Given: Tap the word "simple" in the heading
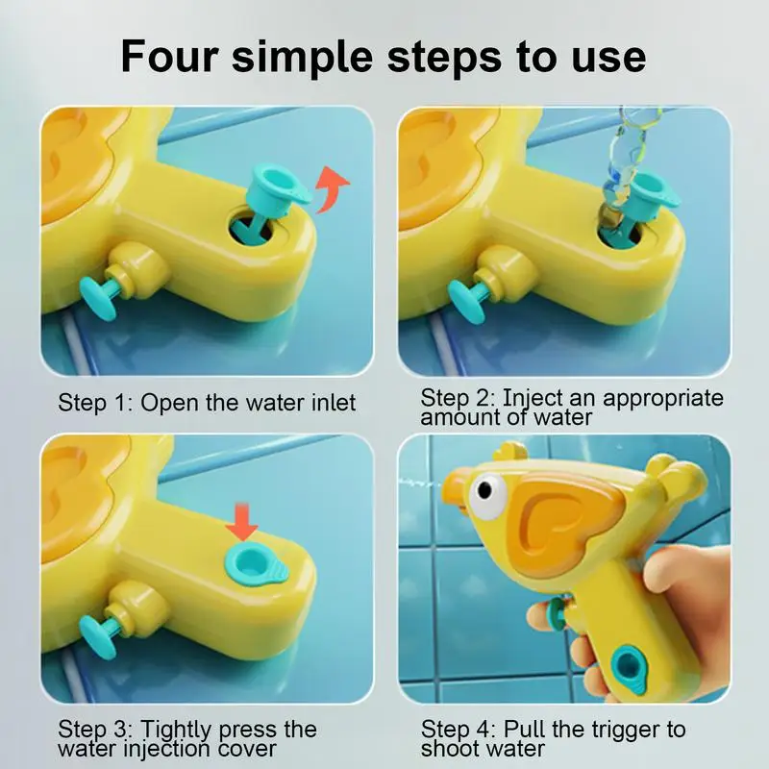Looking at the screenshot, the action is point(303,58).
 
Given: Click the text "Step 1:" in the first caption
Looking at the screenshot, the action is point(95,404).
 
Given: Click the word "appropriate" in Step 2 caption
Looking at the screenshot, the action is point(662,399).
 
